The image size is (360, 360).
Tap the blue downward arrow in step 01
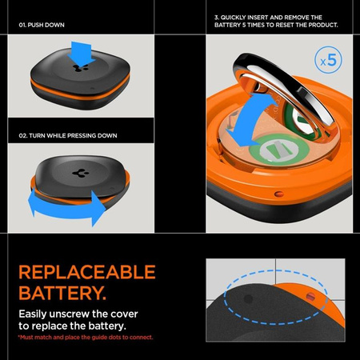[x=86, y=54]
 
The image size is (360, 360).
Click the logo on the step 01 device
[x=86, y=70]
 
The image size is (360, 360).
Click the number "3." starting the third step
[x=217, y=16]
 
